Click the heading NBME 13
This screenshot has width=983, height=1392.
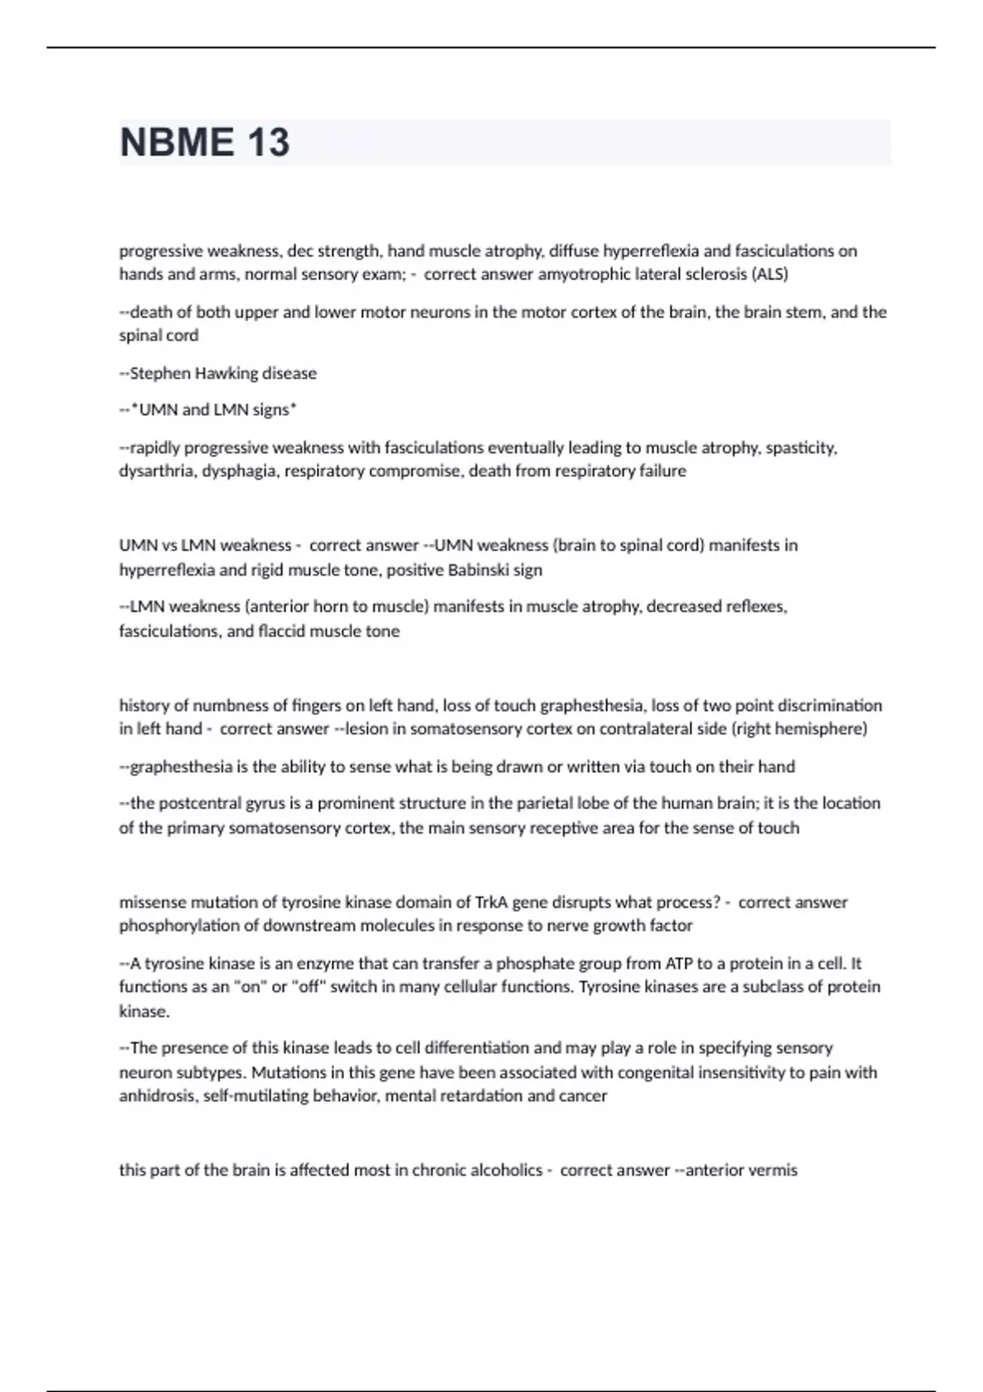(x=205, y=142)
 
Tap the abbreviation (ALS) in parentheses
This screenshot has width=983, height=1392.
(x=769, y=274)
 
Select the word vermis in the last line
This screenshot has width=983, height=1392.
(x=774, y=1171)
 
